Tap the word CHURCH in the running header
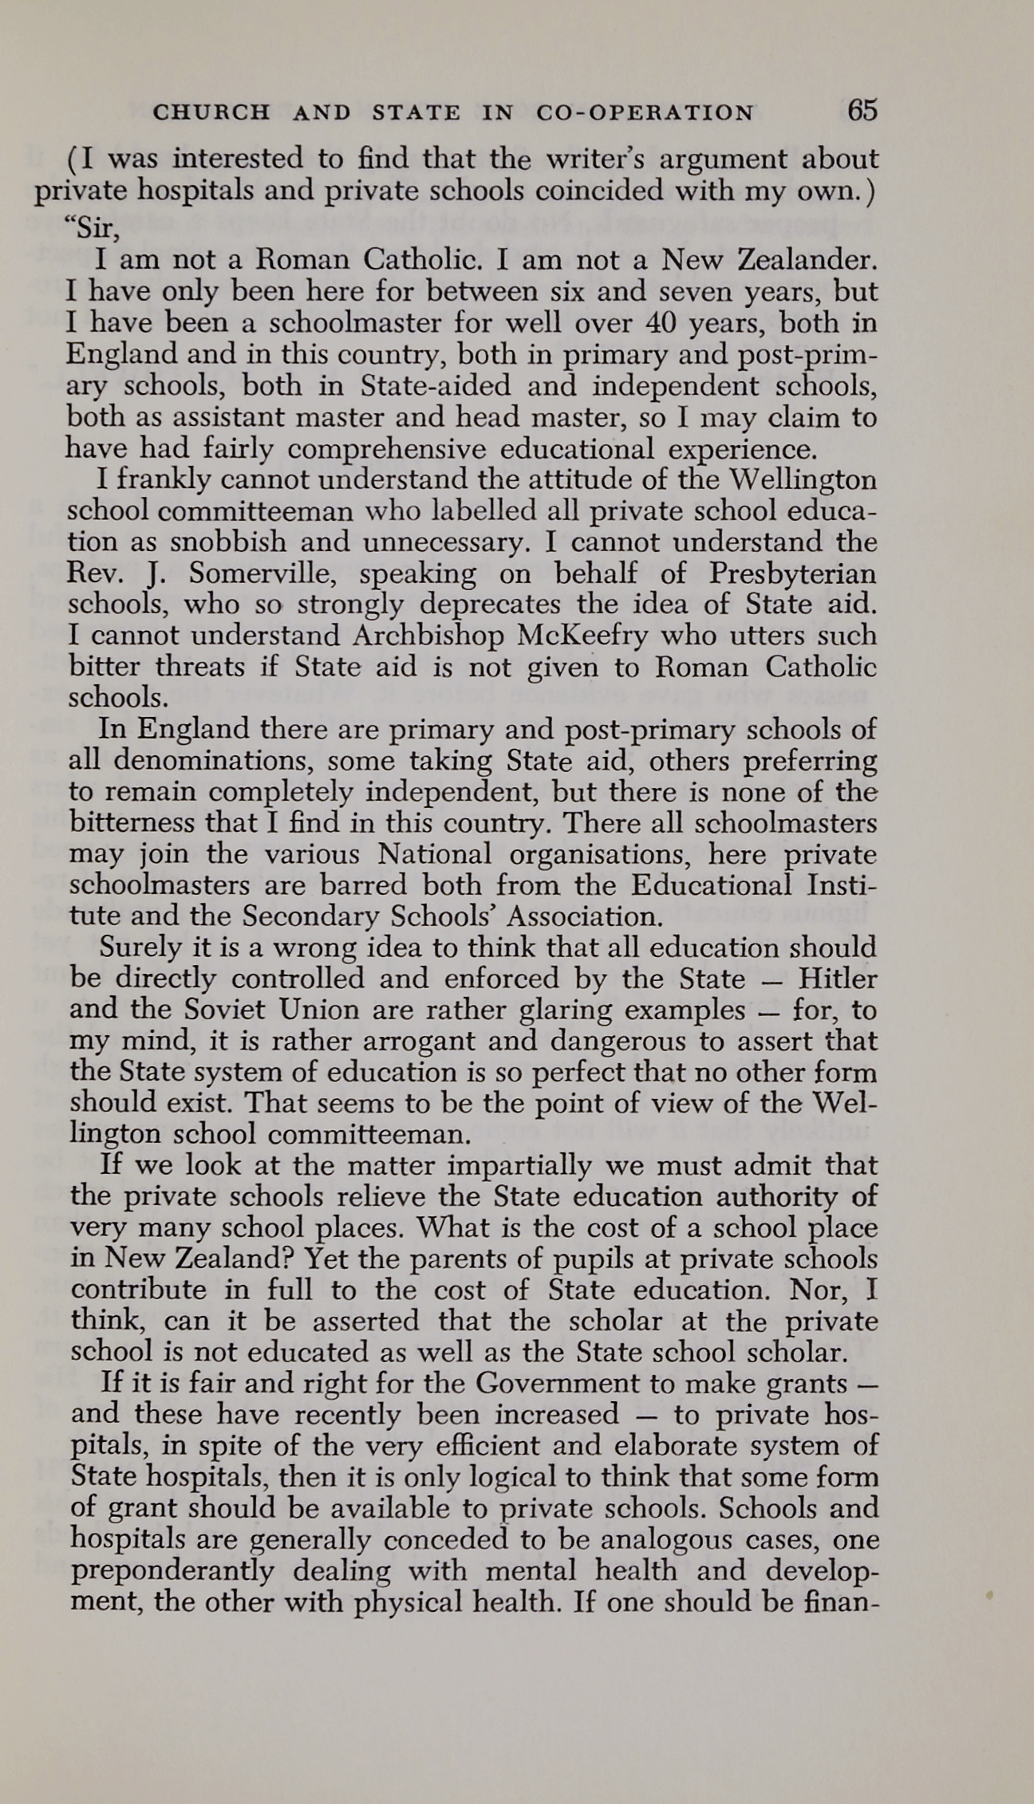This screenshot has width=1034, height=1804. click(211, 112)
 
